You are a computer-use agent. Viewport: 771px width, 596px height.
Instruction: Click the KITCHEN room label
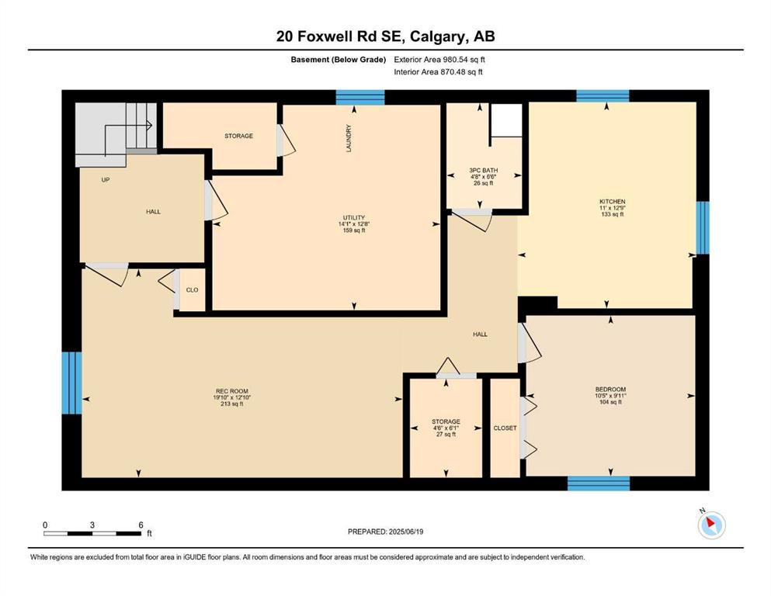612,202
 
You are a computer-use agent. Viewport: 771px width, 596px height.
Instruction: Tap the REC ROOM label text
232,391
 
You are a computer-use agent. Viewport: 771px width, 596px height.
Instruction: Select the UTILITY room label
354,217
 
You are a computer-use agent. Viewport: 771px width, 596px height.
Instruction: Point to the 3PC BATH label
484,171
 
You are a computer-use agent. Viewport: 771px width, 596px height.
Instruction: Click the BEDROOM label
610,389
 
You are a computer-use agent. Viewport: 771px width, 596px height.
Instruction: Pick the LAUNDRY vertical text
349,138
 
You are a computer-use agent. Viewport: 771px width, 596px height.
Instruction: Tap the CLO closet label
193,290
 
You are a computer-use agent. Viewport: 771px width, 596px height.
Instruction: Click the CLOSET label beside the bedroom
505,428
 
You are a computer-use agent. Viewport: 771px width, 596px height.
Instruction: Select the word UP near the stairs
106,180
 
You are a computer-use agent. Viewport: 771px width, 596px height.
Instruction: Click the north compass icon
711,525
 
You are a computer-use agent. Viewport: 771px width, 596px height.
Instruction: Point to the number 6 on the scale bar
141,525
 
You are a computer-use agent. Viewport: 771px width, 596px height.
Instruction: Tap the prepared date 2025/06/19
405,532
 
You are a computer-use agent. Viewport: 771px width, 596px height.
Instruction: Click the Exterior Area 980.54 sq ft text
439,60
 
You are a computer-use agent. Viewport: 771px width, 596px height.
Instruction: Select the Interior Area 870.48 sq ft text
438,71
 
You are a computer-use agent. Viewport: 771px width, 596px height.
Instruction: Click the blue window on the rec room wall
71,383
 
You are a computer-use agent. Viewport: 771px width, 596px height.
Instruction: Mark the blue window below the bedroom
599,483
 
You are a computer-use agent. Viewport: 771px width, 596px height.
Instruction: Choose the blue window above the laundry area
360,97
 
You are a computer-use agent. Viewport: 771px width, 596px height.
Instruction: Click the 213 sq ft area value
232,404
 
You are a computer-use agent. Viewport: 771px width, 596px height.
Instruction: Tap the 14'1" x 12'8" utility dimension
354,224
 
